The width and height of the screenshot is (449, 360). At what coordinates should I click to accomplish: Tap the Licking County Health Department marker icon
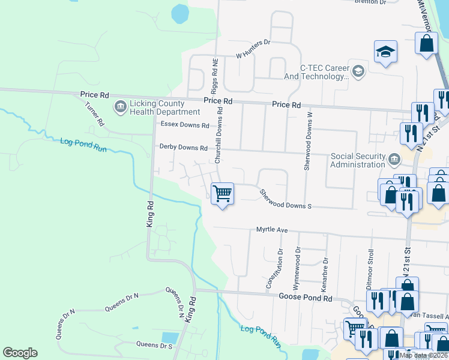[119, 107]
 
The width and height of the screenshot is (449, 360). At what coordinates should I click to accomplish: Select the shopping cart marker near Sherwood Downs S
[222, 194]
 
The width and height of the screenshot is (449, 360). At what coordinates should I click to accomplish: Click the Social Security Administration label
[358, 160]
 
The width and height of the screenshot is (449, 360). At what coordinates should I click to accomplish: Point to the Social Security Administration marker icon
[394, 159]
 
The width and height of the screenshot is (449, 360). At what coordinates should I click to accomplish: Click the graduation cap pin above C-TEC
[385, 53]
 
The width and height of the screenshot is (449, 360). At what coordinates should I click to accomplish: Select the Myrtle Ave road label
[273, 230]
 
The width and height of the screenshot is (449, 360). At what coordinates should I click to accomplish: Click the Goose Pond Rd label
[305, 297]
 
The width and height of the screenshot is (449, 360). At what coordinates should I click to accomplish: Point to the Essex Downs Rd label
[184, 125]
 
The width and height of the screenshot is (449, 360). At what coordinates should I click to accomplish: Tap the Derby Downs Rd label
[183, 147]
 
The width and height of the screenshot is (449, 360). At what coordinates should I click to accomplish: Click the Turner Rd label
[95, 113]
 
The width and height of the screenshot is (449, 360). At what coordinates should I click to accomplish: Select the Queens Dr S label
[154, 344]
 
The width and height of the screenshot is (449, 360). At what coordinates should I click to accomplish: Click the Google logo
[20, 353]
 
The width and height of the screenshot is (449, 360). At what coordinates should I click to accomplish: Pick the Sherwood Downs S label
[285, 200]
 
